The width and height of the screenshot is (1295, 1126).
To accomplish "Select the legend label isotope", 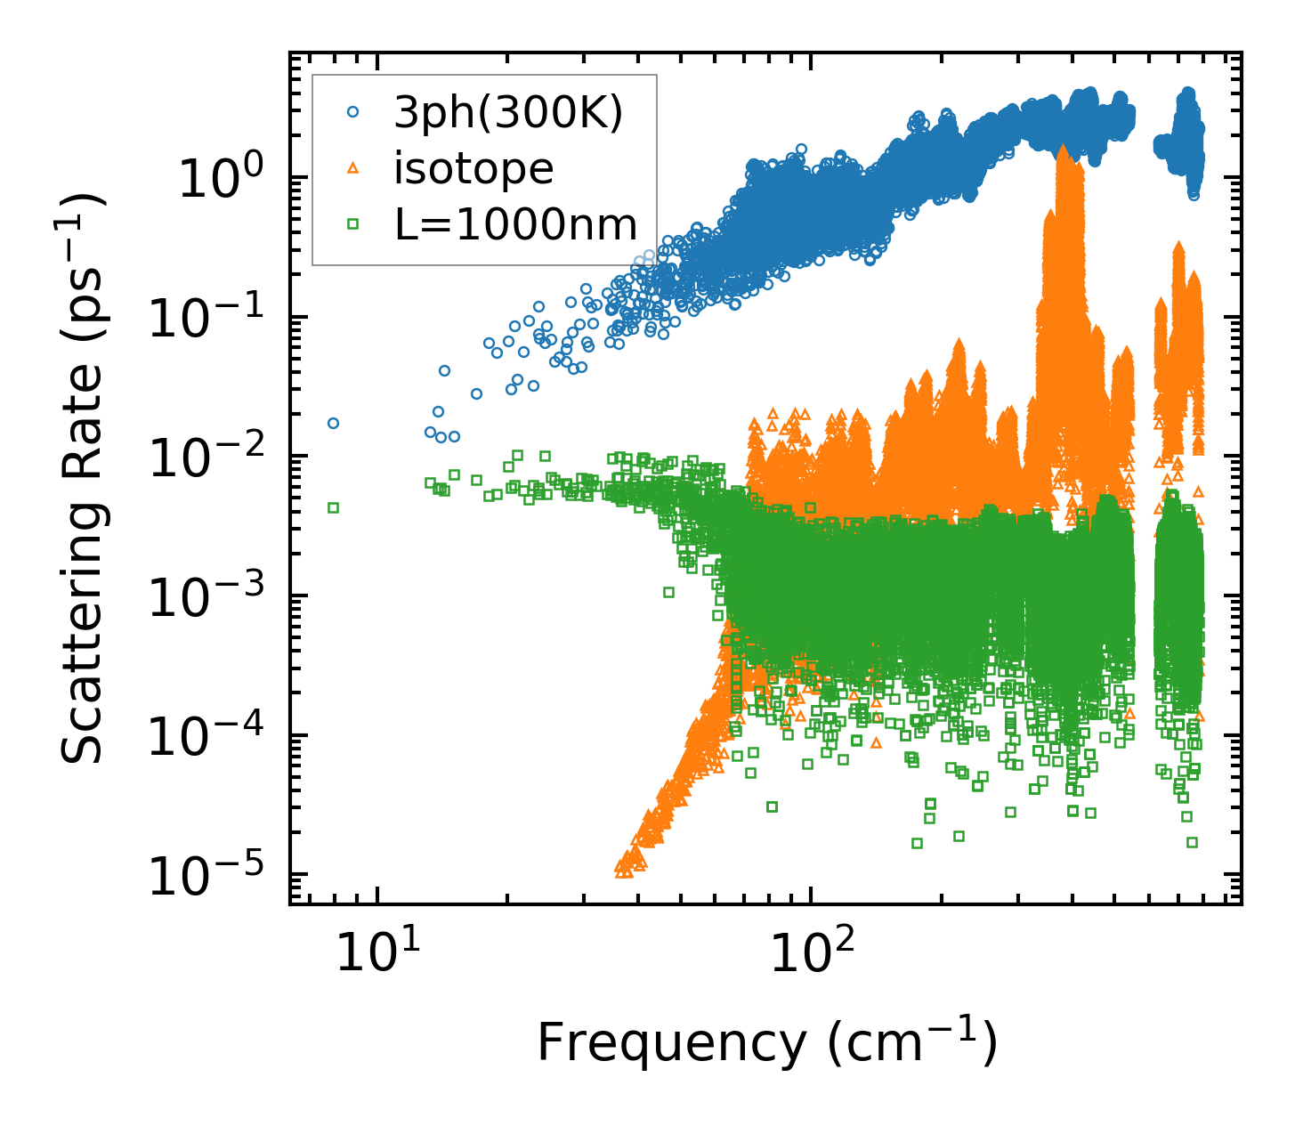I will (x=473, y=168).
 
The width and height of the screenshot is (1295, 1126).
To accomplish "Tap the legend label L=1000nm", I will (x=516, y=224).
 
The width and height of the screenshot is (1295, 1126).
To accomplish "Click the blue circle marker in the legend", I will (x=353, y=112).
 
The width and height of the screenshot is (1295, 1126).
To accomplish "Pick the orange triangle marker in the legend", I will (x=353, y=168).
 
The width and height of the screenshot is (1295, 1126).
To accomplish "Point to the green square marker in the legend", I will (x=353, y=224).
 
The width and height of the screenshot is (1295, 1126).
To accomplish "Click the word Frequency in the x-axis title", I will (x=671, y=1041).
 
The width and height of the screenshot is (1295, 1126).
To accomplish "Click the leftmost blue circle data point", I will (x=333, y=423).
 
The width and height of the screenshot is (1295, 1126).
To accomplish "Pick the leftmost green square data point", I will (x=333, y=507).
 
